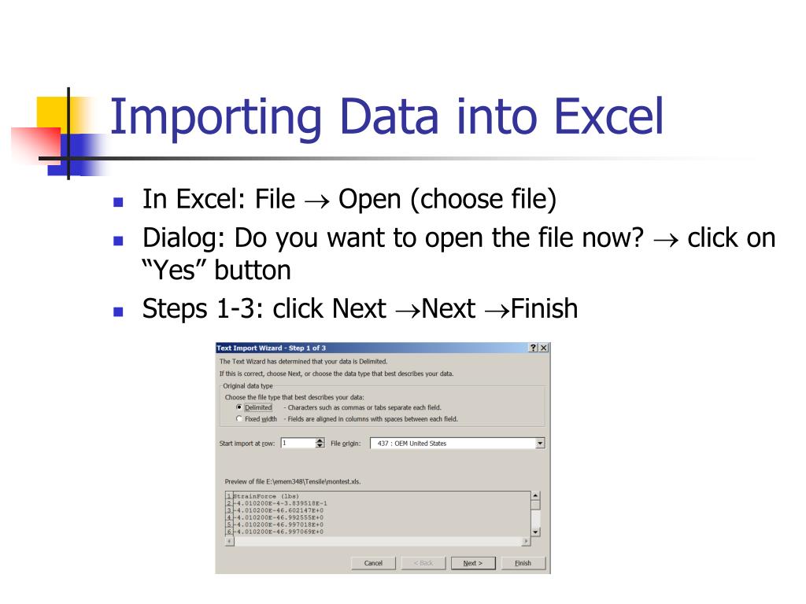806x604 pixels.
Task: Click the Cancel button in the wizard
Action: (373, 563)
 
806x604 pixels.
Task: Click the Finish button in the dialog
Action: (523, 563)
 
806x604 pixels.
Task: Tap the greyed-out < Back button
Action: (423, 563)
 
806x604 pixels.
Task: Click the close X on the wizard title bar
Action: (543, 348)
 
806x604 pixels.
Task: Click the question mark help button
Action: (534, 348)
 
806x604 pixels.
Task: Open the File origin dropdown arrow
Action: (539, 444)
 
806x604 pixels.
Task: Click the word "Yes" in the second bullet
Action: (169, 271)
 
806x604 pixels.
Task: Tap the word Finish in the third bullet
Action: (544, 308)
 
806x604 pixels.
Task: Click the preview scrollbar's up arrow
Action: (537, 496)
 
